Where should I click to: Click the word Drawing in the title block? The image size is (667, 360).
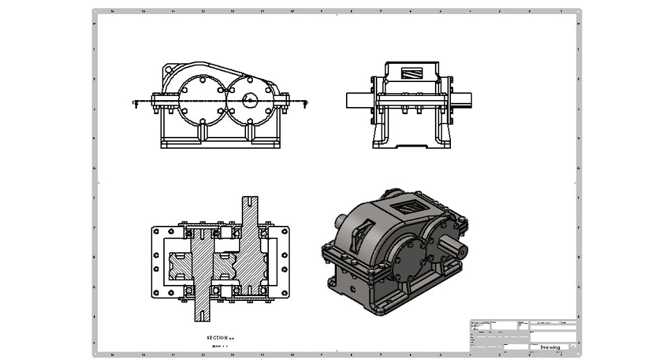[x=550, y=346]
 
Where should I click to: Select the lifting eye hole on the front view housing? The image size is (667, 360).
[x=169, y=70]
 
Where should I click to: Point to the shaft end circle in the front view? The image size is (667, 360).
[x=249, y=101]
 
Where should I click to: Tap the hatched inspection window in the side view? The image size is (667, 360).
[x=411, y=72]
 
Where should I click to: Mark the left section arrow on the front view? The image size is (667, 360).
[x=135, y=103]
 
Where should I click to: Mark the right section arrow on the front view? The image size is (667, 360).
[x=306, y=103]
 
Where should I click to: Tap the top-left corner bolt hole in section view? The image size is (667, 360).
[x=156, y=231]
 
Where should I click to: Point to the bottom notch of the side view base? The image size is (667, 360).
[x=411, y=147]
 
